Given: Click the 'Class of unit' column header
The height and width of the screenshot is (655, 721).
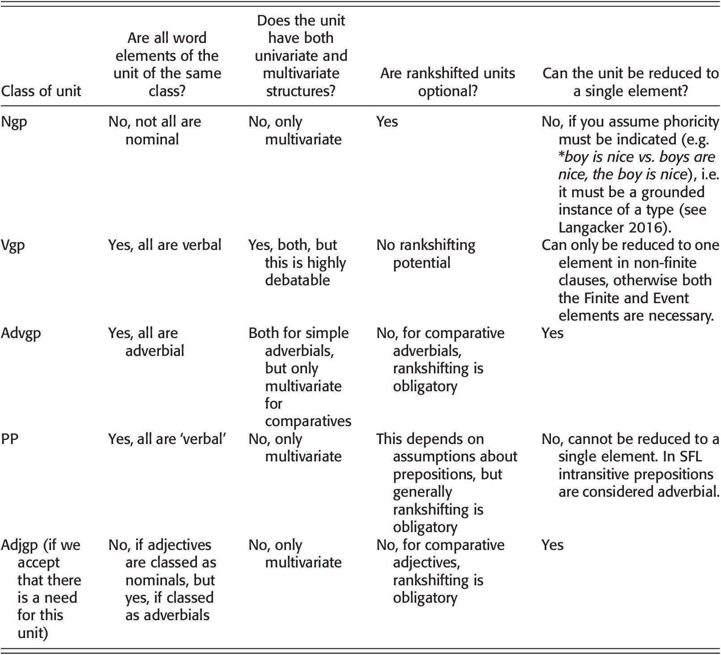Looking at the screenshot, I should [x=41, y=91].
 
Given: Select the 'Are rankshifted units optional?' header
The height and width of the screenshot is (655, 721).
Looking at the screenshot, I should [x=448, y=82].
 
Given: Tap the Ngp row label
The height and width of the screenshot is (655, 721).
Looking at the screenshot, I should [x=14, y=122].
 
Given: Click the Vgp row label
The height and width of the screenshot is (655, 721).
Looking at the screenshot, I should [x=13, y=245].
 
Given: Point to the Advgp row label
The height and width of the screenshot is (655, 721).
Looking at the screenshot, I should [x=21, y=333].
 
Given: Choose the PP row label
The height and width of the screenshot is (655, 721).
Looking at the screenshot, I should [x=10, y=439].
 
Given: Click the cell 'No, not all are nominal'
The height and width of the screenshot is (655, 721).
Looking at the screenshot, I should [x=154, y=130].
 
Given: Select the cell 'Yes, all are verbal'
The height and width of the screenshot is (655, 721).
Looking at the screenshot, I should [x=165, y=245].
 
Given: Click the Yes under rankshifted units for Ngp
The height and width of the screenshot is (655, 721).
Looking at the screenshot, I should [x=387, y=122].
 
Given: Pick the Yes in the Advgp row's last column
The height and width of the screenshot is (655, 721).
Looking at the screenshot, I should [x=552, y=333].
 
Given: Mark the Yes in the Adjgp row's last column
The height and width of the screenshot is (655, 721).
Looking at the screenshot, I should [x=552, y=545].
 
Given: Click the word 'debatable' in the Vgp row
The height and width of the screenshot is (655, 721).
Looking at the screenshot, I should [x=297, y=280].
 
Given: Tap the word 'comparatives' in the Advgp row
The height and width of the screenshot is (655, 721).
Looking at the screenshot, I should [x=308, y=421].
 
